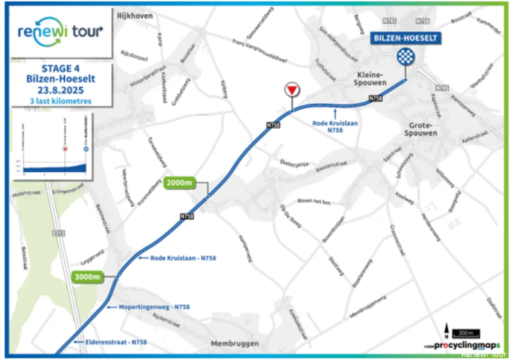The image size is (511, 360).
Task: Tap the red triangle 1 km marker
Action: tap(292, 91)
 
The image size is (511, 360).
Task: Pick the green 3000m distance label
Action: tap(87, 276)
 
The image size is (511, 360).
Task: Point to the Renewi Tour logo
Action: tap(60, 32)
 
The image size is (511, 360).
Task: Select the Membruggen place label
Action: tap(235, 344)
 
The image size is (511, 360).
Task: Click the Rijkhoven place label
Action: tap(134, 16)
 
